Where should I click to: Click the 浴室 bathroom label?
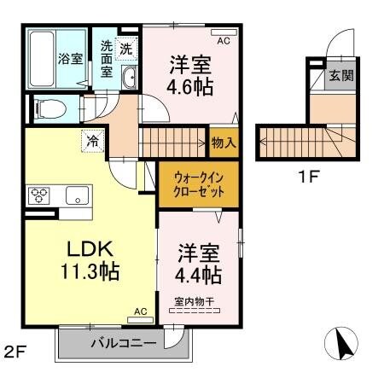(70, 60)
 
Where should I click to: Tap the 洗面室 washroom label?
(107, 59)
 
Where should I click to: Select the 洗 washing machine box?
(126, 49)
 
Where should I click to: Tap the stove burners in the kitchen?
(39, 195)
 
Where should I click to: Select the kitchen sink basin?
(78, 195)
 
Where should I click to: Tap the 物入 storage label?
(224, 143)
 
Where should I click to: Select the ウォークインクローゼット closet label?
(199, 185)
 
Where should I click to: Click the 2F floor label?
(15, 350)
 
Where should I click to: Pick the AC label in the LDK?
(141, 312)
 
